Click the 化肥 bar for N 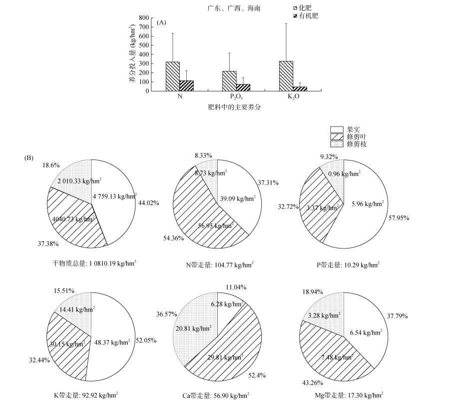pos(173,76)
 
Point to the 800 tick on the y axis pos(143,18)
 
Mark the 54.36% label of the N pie pos(174,238)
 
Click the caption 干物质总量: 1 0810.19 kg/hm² pos(94,262)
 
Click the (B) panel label pos(29,158)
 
